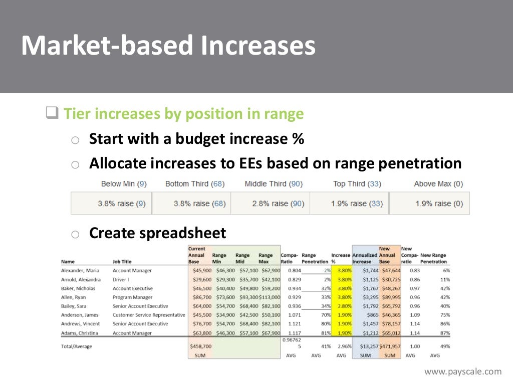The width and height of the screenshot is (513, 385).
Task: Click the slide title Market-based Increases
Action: (168, 46)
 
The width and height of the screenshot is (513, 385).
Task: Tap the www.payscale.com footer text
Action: (462, 371)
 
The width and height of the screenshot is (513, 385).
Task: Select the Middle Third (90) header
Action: (274, 184)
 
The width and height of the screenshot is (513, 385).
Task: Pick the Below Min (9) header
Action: (123, 184)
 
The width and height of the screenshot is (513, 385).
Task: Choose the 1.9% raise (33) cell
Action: (349, 204)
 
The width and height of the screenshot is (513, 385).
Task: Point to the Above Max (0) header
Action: (438, 184)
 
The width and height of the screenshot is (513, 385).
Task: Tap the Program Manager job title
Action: (132, 297)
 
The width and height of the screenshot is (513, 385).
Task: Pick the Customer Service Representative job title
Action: (149, 315)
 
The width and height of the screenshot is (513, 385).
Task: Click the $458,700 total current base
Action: (199, 346)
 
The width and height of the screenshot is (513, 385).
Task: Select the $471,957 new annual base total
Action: (389, 346)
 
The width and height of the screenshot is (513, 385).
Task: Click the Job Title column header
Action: (122, 262)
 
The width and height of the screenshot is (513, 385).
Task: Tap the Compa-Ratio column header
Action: (290, 258)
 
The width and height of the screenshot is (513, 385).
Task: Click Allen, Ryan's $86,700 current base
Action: (199, 297)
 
